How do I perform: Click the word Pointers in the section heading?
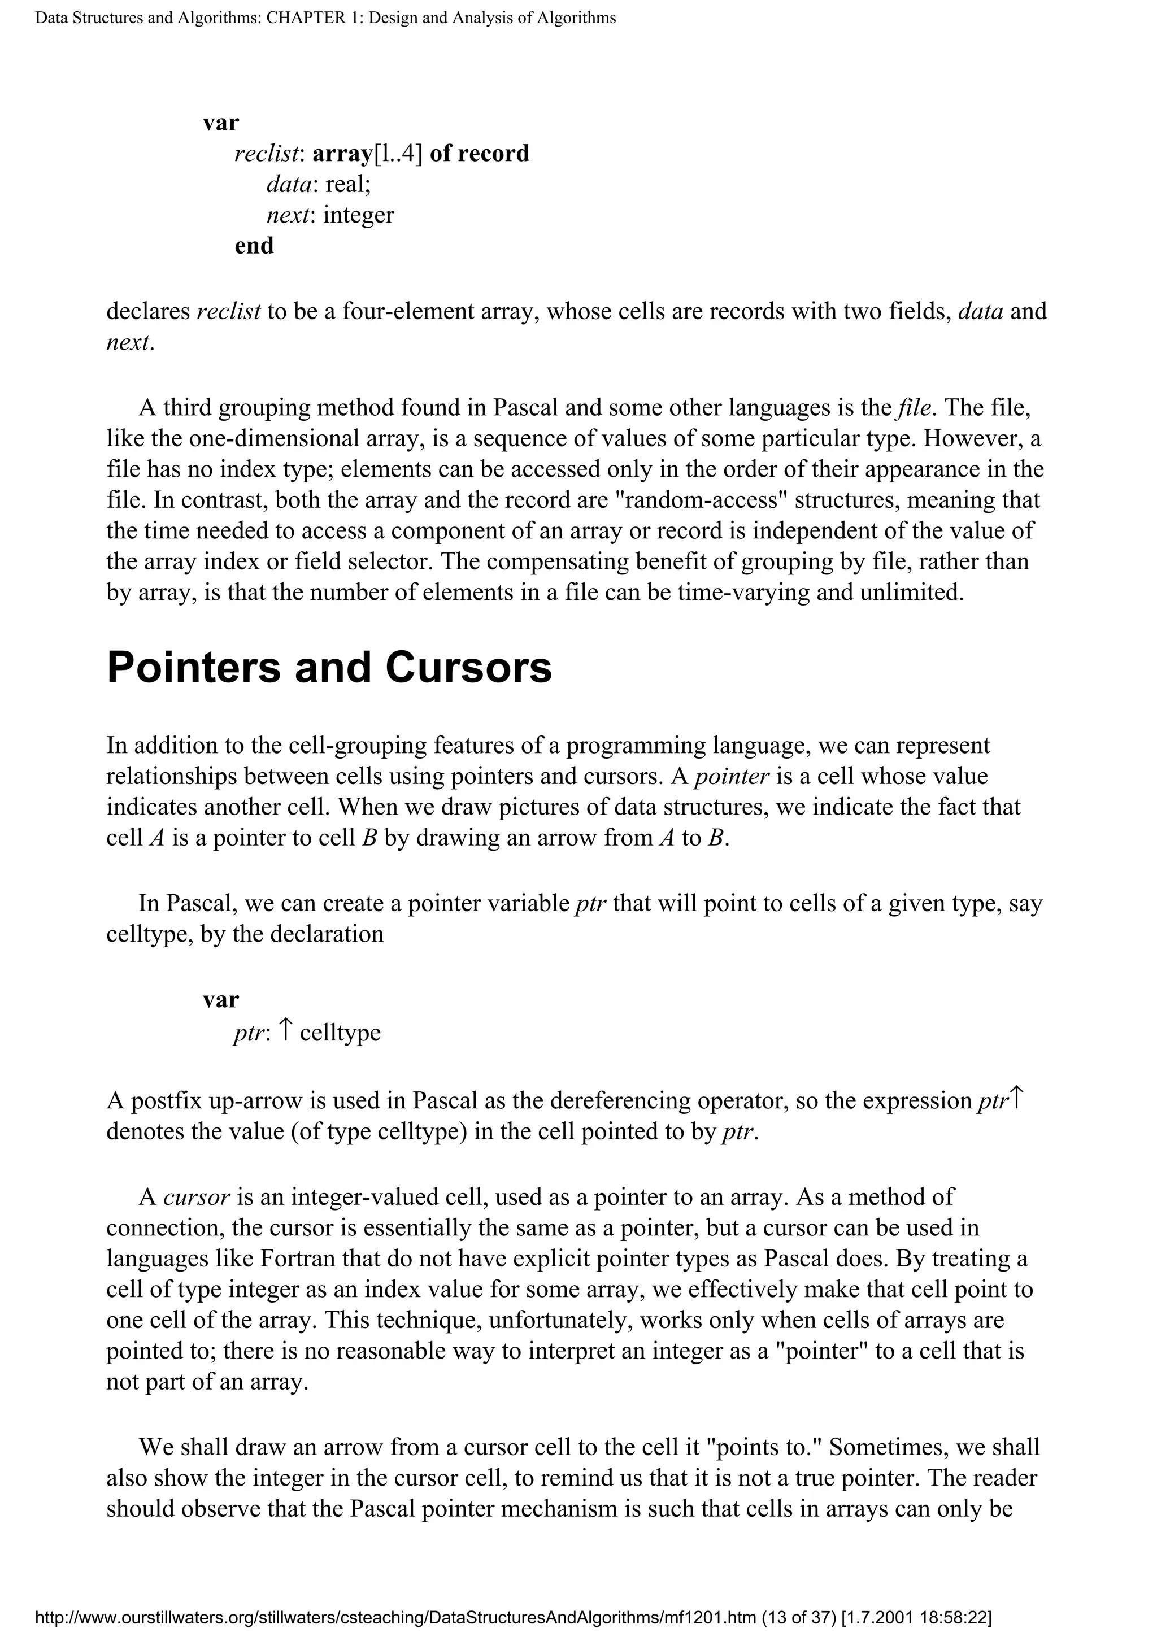pyautogui.click(x=194, y=668)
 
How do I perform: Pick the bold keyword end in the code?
pyautogui.click(x=254, y=245)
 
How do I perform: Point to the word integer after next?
pyautogui.click(x=358, y=215)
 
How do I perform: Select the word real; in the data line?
pyautogui.click(x=348, y=184)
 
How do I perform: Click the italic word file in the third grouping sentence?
pyautogui.click(x=915, y=408)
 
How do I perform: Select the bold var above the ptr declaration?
pyautogui.click(x=221, y=1000)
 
